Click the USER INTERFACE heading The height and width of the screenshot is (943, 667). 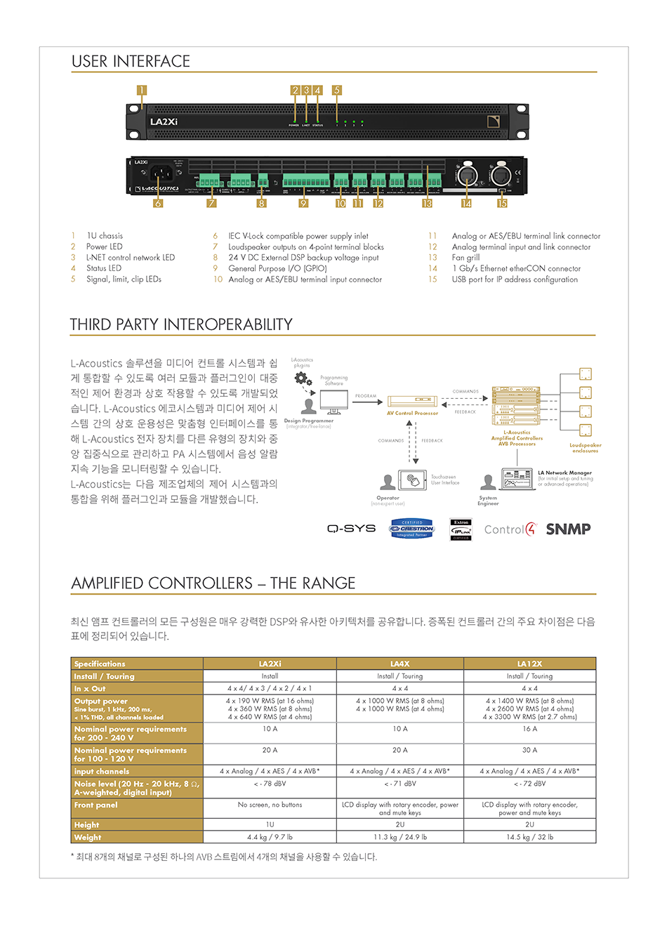(x=131, y=62)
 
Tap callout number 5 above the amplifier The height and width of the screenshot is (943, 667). (x=337, y=90)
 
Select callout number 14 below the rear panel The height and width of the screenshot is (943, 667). (x=466, y=204)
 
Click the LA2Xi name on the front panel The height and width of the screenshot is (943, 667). (x=164, y=122)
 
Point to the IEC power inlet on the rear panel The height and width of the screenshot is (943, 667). (x=161, y=173)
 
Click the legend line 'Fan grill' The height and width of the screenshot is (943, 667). (x=465, y=258)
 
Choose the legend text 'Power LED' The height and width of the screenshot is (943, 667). (x=104, y=246)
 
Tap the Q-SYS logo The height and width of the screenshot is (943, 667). (x=351, y=529)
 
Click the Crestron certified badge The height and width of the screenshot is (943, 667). (x=412, y=529)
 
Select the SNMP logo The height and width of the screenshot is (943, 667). (x=568, y=529)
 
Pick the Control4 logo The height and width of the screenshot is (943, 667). (x=510, y=529)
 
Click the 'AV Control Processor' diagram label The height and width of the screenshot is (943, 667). (x=412, y=413)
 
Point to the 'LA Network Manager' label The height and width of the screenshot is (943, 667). (x=564, y=473)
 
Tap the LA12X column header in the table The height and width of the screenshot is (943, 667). (x=529, y=664)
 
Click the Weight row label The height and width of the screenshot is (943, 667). (x=88, y=837)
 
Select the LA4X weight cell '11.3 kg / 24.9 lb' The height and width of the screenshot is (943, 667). (x=399, y=837)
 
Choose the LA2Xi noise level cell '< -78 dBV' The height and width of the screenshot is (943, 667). (x=270, y=784)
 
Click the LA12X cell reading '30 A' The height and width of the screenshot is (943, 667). (x=529, y=750)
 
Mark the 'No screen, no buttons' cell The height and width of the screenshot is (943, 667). (x=270, y=805)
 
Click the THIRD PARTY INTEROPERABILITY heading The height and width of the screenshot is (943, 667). (x=181, y=324)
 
